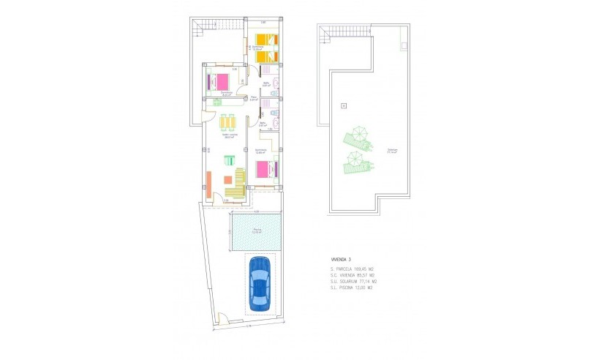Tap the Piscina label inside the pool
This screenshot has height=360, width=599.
[257, 230]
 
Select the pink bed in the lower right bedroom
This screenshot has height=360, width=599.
[264, 170]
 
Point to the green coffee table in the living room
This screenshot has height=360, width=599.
[230, 161]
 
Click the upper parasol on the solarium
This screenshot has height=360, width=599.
[358, 136]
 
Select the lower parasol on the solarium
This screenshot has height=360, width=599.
[353, 160]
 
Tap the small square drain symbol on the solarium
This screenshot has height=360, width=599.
[343, 107]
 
